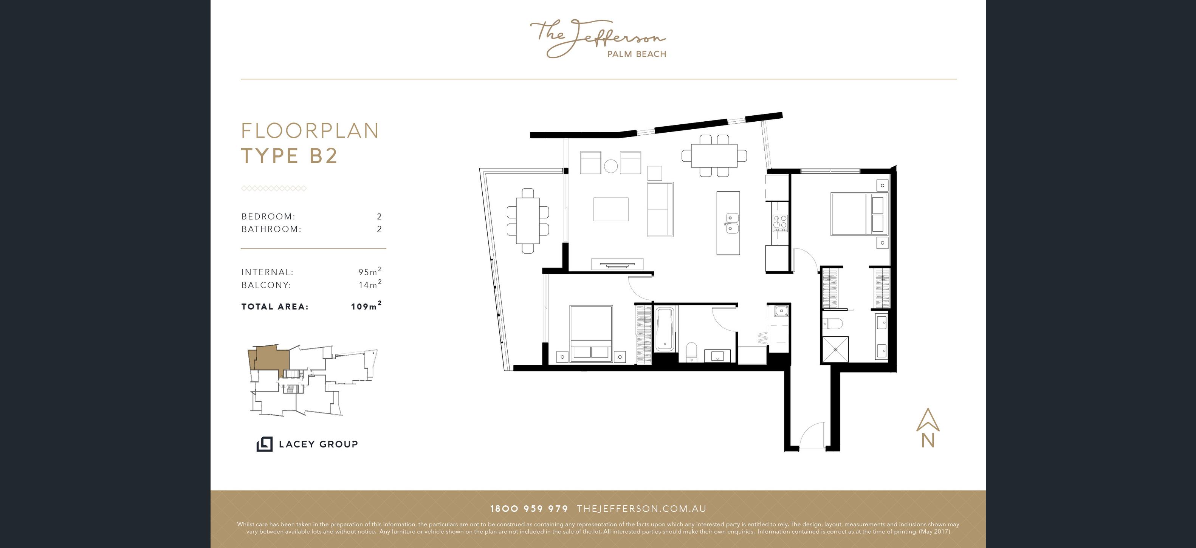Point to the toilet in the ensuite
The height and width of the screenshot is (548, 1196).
click(831, 324)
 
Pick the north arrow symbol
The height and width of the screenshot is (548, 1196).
click(928, 427)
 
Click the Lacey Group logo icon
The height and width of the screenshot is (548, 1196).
click(265, 444)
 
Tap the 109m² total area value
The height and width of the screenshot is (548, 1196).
click(366, 305)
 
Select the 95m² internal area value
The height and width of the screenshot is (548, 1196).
click(370, 271)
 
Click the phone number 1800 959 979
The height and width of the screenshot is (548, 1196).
click(529, 509)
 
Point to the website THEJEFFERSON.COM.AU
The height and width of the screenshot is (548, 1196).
click(641, 509)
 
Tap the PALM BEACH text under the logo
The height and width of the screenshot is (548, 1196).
click(637, 54)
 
